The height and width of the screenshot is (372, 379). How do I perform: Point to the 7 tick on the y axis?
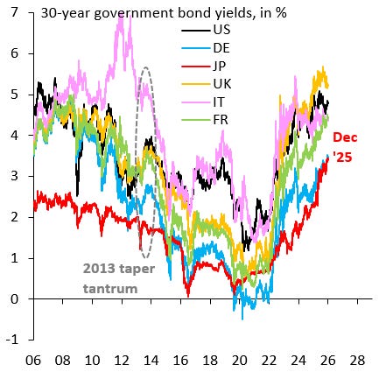[12, 13]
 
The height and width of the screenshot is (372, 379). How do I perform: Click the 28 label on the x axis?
[357, 359]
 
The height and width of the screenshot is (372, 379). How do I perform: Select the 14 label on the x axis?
[151, 359]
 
